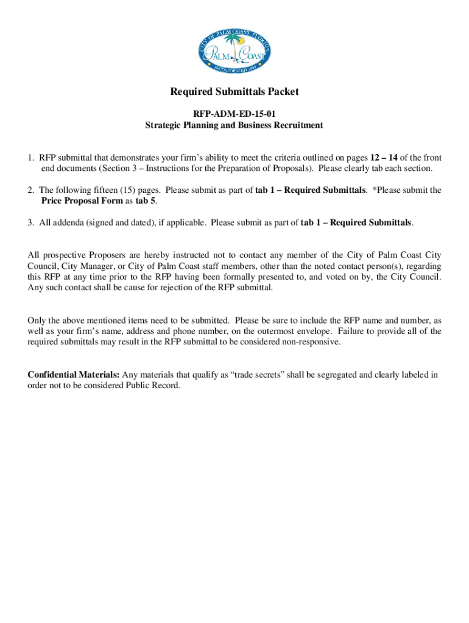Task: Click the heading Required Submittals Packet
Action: click(x=234, y=92)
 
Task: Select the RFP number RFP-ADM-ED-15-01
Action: click(x=234, y=113)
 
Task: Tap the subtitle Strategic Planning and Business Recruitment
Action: click(x=234, y=125)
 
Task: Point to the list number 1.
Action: click(x=30, y=158)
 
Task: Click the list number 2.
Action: click(x=30, y=190)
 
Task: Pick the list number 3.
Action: click(x=30, y=222)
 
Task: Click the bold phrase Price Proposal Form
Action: click(x=77, y=201)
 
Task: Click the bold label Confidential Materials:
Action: click(x=74, y=375)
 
